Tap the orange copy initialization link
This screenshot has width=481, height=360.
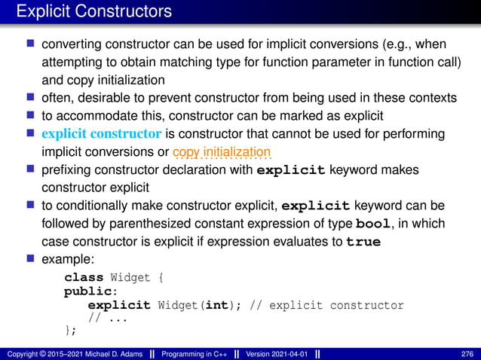pyautogui.click(x=222, y=152)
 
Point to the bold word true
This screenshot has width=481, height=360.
pyautogui.click(x=363, y=243)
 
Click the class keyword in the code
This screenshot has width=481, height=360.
pyautogui.click(x=84, y=278)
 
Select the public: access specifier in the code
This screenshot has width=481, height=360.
pyautogui.click(x=84, y=291)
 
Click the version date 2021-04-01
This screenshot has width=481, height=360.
pyautogui.click(x=290, y=353)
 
